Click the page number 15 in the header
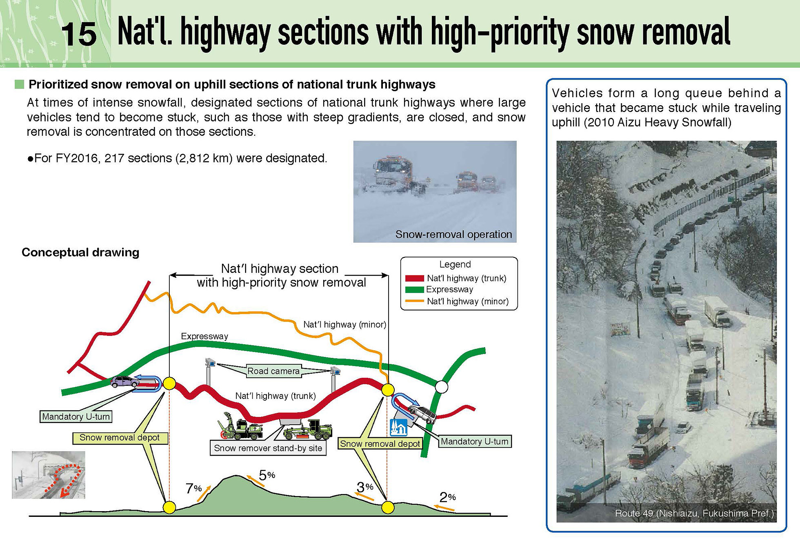pyautogui.click(x=79, y=34)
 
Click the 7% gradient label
pyautogui.click(x=193, y=488)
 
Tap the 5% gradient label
pyautogui.click(x=267, y=475)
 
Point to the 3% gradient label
pyautogui.click(x=365, y=487)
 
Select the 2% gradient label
pyautogui.click(x=447, y=497)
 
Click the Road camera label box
pyautogui.click(x=273, y=371)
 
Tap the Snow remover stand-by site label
pyautogui.click(x=268, y=448)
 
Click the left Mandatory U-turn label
pyautogui.click(x=76, y=417)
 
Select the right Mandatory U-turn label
pyautogui.click(x=475, y=441)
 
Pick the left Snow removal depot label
pyautogui.click(x=120, y=438)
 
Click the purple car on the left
pyautogui.click(x=124, y=381)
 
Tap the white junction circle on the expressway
pyautogui.click(x=441, y=386)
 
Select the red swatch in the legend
pyautogui.click(x=414, y=279)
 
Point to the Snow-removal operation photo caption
pyautogui.click(x=453, y=235)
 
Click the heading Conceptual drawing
pyautogui.click(x=80, y=253)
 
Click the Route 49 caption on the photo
pyautogui.click(x=694, y=513)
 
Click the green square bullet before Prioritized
pyautogui.click(x=19, y=84)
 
